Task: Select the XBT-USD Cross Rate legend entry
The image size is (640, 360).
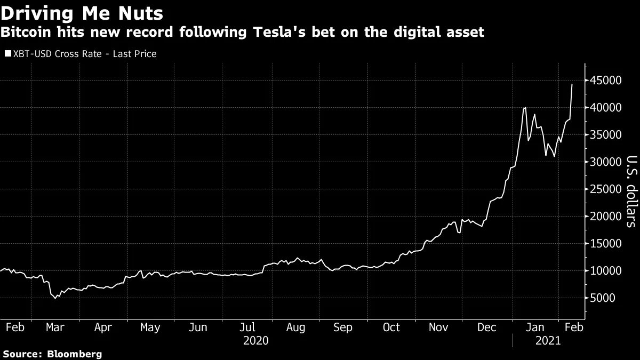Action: click(80, 54)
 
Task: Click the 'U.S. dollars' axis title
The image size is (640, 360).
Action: click(631, 191)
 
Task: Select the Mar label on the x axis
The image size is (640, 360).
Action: click(55, 327)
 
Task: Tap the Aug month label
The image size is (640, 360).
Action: click(295, 327)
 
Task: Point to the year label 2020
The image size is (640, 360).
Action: click(255, 340)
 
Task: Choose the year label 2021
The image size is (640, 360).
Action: click(548, 340)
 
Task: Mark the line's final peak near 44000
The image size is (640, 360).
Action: click(572, 84)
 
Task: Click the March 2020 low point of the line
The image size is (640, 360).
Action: click(55, 298)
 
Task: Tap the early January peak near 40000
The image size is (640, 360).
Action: click(525, 108)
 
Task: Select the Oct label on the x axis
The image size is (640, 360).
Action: click(391, 327)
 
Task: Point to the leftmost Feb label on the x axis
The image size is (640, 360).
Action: click(14, 327)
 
